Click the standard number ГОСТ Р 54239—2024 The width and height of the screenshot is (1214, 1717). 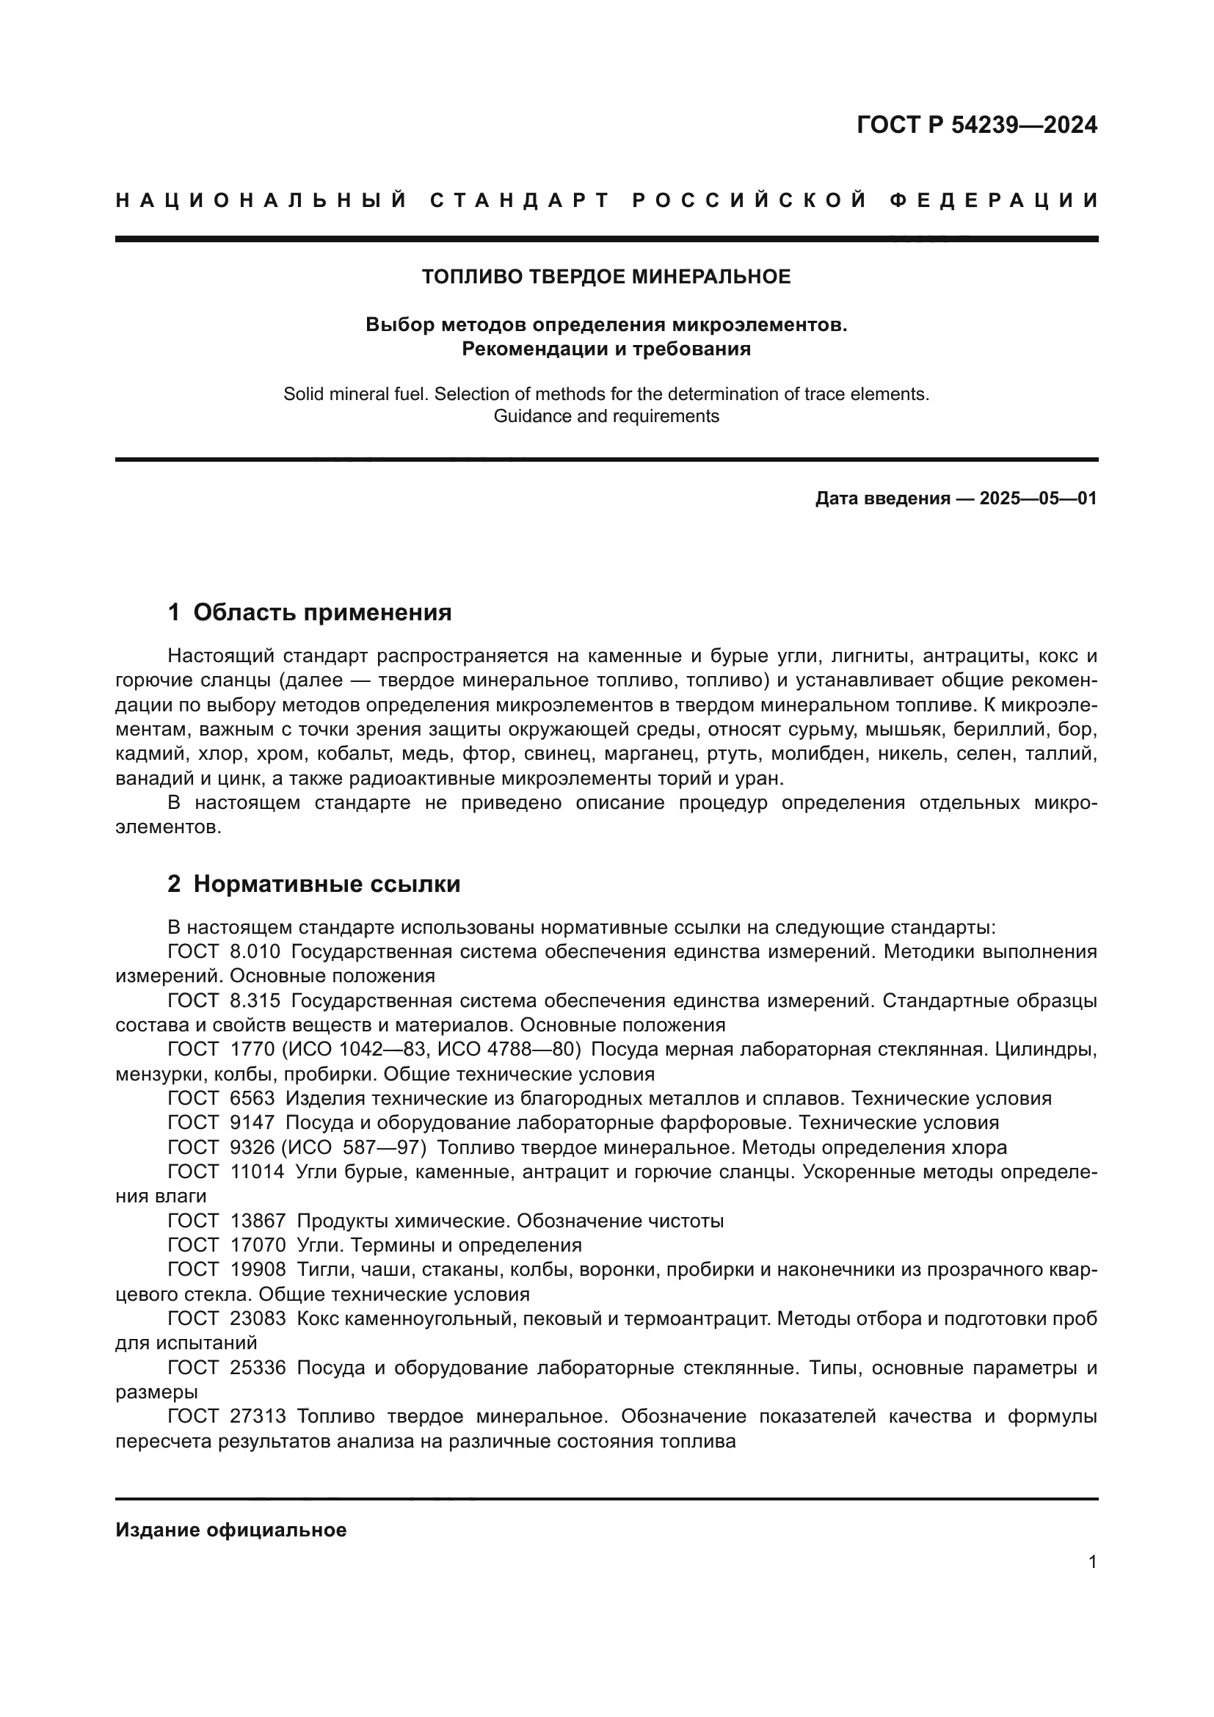(x=976, y=125)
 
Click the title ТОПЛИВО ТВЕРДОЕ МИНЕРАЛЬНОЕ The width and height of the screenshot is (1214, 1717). (x=606, y=277)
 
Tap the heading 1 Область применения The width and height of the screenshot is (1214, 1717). (x=310, y=611)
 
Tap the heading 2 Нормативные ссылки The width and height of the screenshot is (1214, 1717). (x=314, y=884)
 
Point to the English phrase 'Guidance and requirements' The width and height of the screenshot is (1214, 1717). (x=606, y=415)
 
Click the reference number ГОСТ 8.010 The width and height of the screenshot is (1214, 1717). (x=225, y=952)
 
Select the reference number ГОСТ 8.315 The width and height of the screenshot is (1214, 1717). (x=225, y=1001)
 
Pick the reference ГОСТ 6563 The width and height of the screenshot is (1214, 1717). (x=221, y=1099)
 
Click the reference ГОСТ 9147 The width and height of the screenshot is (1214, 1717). (x=221, y=1122)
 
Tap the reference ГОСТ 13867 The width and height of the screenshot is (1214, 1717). (x=227, y=1221)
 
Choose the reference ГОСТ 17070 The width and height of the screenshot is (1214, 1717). (x=227, y=1245)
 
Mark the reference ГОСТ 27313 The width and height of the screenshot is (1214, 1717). (x=227, y=1416)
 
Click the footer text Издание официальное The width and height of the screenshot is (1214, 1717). (x=231, y=1530)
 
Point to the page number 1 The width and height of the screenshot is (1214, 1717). (x=1092, y=1561)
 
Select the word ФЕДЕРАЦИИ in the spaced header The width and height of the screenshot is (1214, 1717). (x=994, y=200)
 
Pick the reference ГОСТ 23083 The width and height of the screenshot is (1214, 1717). (x=227, y=1318)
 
